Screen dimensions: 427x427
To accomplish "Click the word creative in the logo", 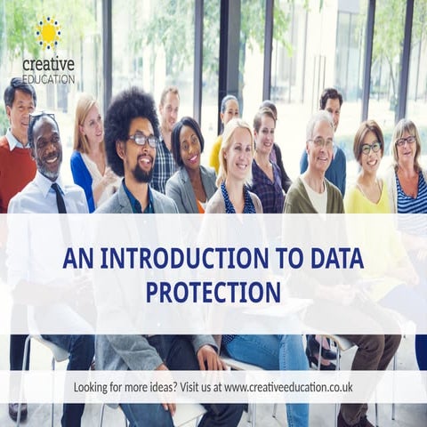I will [48, 63].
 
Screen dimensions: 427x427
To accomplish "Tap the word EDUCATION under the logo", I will [49, 78].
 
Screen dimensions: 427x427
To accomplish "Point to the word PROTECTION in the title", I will [213, 291].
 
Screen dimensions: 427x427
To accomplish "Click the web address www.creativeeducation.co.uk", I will [288, 387].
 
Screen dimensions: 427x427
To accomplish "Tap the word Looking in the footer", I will [97, 387].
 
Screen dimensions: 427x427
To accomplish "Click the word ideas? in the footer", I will [164, 387].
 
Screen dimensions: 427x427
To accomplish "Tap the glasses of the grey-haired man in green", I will [322, 142].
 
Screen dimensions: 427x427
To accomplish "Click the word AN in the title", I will [76, 259].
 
